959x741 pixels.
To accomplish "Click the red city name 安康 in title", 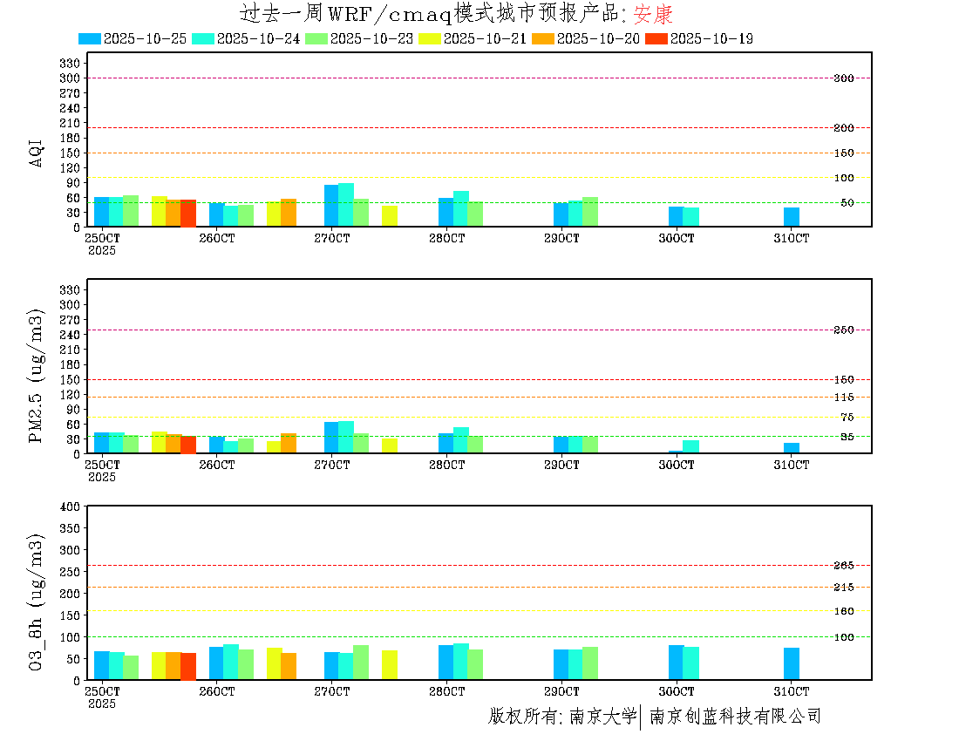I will point(653,14).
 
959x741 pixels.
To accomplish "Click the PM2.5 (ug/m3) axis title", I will point(37,375).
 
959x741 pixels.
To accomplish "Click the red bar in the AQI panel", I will point(188,214).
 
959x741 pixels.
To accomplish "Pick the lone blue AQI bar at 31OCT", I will point(792,217).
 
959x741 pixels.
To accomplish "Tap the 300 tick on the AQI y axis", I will point(71,78).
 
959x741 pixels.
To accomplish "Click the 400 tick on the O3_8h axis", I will point(71,506).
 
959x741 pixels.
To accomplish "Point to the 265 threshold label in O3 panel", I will point(843,566).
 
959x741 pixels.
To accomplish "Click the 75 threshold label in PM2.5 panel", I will point(847,418).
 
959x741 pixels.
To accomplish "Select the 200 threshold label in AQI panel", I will point(843,128).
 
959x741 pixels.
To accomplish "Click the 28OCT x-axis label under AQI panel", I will point(446,237).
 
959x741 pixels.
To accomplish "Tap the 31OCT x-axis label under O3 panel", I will point(792,691).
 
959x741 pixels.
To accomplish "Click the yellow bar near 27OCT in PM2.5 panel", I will point(390,446).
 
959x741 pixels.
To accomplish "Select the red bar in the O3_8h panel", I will point(188,666).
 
